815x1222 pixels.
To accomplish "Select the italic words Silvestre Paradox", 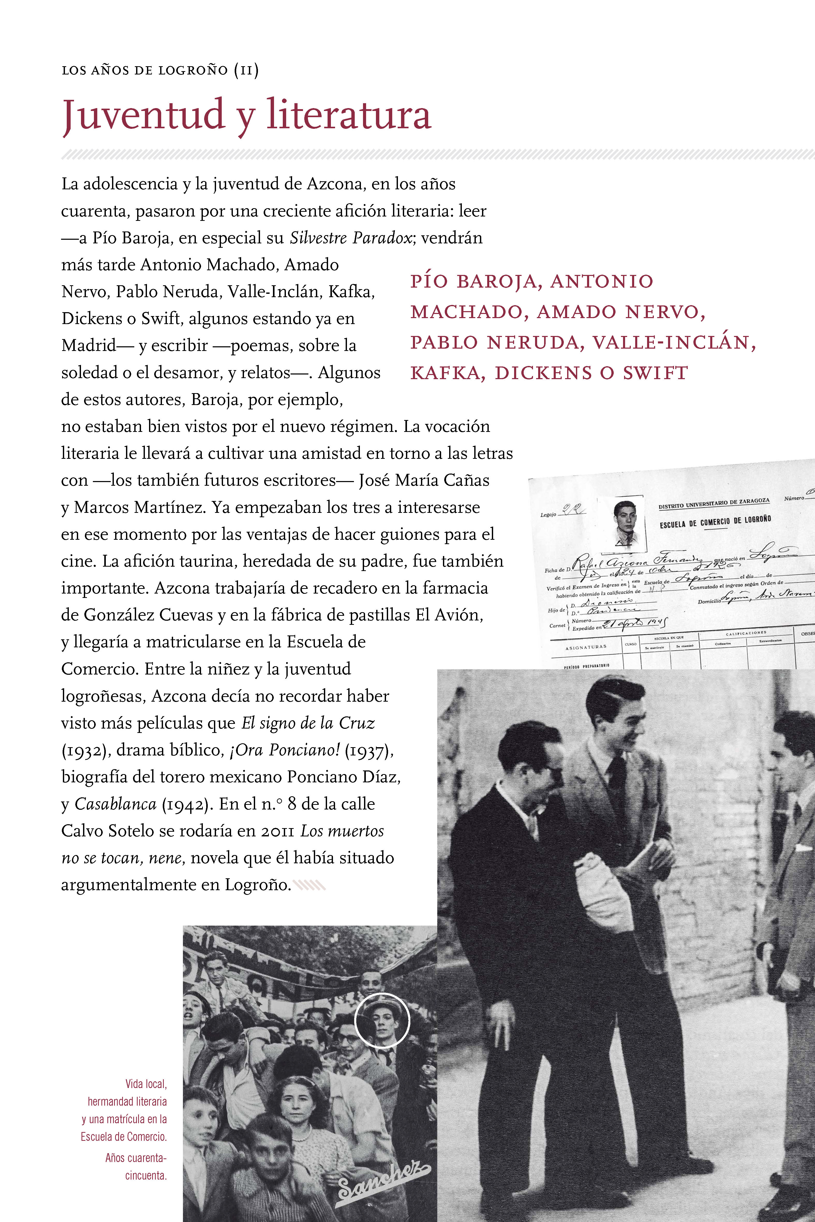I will tap(351, 238).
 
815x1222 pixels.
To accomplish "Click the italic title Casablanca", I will tap(115, 804).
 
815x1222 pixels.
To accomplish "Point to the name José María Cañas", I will tap(424, 480).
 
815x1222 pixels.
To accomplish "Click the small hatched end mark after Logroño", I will tap(310, 885).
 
